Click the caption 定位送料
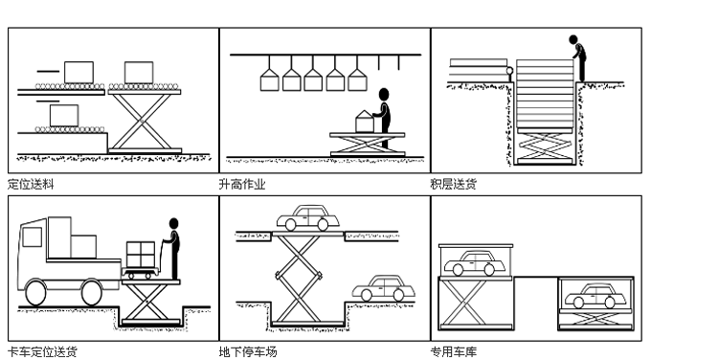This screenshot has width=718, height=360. click(31, 184)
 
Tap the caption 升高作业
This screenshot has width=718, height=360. click(242, 184)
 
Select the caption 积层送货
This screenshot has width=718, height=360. click(454, 184)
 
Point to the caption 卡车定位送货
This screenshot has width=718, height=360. click(42, 351)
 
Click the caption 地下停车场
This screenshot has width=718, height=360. click(248, 351)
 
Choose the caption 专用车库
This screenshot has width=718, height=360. click(454, 351)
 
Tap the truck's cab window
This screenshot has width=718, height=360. click(32, 236)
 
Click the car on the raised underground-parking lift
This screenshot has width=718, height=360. click(307, 218)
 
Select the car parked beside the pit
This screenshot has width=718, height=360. click(383, 288)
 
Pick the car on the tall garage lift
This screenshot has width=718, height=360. click(475, 263)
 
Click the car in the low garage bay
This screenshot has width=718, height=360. click(595, 296)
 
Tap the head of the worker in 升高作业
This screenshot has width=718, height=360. click(384, 95)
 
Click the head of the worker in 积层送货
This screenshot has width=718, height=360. click(572, 40)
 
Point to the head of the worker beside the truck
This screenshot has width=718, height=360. click(173, 223)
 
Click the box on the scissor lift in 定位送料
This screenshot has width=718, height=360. click(139, 73)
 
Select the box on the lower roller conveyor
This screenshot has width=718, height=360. click(64, 116)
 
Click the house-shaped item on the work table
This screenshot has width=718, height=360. click(365, 122)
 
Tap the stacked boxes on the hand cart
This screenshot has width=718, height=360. click(141, 255)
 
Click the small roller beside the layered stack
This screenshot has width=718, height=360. click(509, 71)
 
